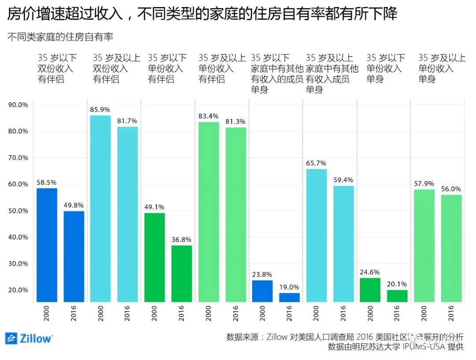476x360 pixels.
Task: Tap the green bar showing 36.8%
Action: (182, 273)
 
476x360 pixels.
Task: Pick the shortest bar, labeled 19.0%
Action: (289, 297)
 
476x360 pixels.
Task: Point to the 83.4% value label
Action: (208, 116)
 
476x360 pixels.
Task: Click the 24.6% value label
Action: (370, 272)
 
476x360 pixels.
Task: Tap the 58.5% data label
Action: (47, 182)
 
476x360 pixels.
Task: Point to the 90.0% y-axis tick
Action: (18, 105)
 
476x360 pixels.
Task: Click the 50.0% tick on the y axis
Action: (18, 211)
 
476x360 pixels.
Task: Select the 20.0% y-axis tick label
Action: (18, 290)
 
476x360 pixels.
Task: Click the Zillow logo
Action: (29, 338)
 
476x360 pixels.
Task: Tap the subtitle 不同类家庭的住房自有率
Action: (60, 37)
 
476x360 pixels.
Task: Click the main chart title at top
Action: (202, 14)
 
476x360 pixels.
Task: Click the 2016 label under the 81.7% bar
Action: (127, 313)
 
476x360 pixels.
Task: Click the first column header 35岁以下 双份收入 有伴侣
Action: (57, 68)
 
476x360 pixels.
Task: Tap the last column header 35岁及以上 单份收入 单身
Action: (441, 68)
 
